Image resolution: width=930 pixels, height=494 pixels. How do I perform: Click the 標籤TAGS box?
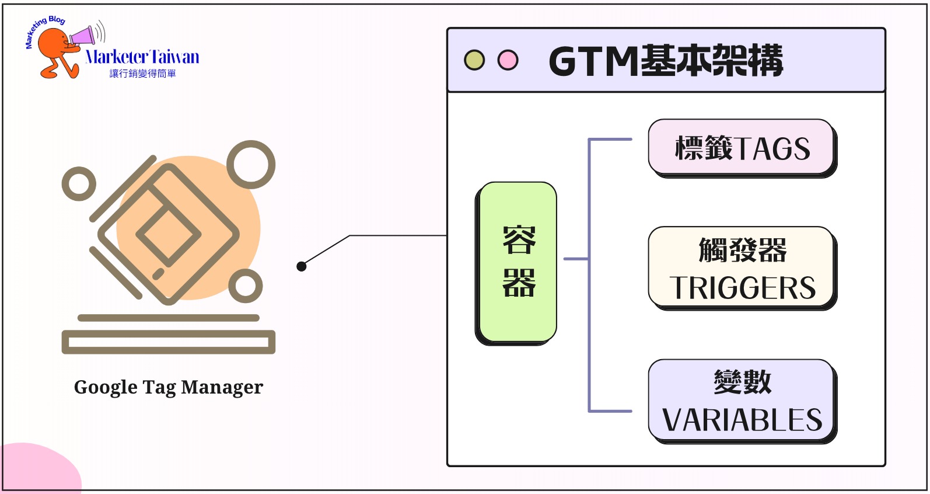[742, 148]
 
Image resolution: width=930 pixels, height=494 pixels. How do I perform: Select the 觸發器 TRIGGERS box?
[742, 267]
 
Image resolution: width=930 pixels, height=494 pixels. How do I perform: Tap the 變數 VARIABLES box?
[742, 401]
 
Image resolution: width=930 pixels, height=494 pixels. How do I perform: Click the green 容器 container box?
[517, 262]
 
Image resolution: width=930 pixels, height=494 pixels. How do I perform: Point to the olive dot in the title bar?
[474, 60]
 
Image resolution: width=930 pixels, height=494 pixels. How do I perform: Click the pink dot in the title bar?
[508, 60]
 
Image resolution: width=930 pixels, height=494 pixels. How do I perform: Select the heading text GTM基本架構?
[666, 61]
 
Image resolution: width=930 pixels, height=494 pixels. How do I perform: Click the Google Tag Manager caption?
[168, 387]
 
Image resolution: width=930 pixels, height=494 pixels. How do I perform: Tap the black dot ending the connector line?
[302, 266]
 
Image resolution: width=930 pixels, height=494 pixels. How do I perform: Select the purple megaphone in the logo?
[83, 36]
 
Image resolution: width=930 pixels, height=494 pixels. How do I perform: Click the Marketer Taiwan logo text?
[142, 57]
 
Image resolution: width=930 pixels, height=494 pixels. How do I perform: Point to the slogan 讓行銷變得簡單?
[142, 74]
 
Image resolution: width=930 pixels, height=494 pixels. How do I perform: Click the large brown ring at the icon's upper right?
[251, 165]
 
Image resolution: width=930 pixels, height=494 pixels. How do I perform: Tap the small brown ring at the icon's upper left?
[79, 184]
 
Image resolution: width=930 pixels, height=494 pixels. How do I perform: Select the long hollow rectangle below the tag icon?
[168, 342]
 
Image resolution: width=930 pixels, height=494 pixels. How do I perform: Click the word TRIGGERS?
[742, 288]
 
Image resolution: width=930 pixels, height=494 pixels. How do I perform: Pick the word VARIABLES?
[742, 420]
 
